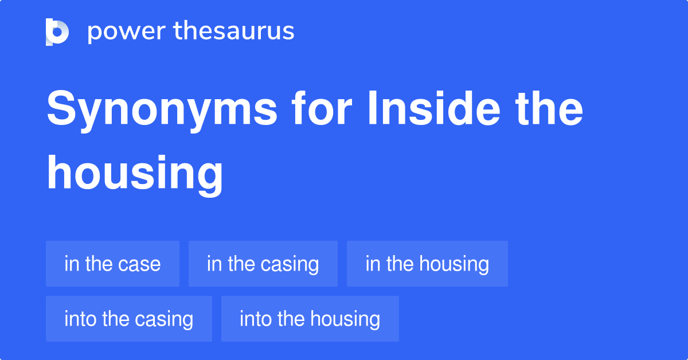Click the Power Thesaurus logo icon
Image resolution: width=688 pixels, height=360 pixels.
pyautogui.click(x=57, y=32)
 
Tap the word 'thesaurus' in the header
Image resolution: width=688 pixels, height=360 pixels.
pyautogui.click(x=234, y=32)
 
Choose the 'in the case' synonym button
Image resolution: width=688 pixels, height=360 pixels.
pyautogui.click(x=112, y=264)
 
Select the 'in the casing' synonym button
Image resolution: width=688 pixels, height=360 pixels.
pyautogui.click(x=263, y=264)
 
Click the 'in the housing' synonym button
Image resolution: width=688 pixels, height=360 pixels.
pyautogui.click(x=427, y=264)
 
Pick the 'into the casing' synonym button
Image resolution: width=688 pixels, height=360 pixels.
pyautogui.click(x=128, y=319)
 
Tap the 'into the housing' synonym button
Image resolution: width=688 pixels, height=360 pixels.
pyautogui.click(x=310, y=319)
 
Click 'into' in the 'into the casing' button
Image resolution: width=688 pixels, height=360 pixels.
pyautogui.click(x=80, y=319)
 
